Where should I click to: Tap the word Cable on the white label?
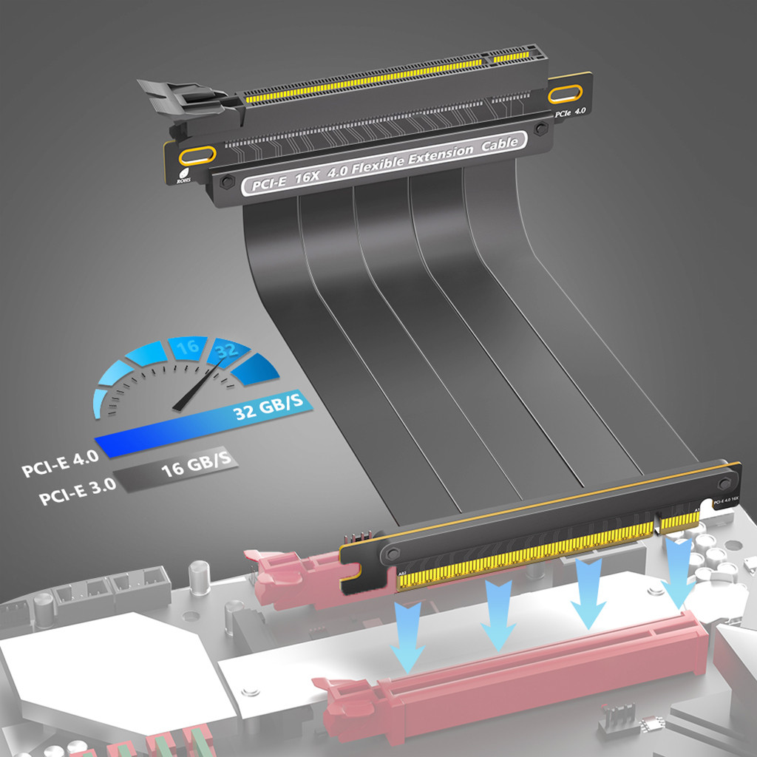[x=500, y=146]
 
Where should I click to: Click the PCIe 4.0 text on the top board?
[x=570, y=112]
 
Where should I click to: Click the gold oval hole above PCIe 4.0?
[x=567, y=93]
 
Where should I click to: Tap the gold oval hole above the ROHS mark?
[x=197, y=155]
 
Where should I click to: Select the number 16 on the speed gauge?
[x=187, y=347]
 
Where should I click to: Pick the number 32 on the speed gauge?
[x=225, y=351]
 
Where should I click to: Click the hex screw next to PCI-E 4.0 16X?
[x=724, y=483]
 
